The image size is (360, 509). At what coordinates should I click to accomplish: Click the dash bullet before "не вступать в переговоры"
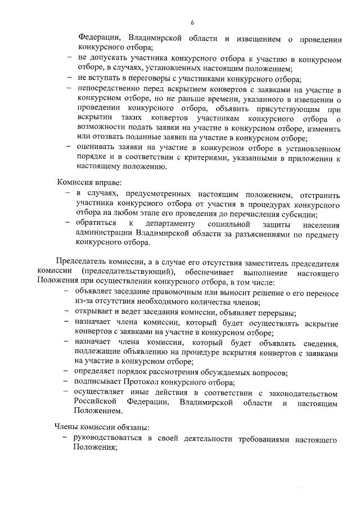click(x=67, y=79)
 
